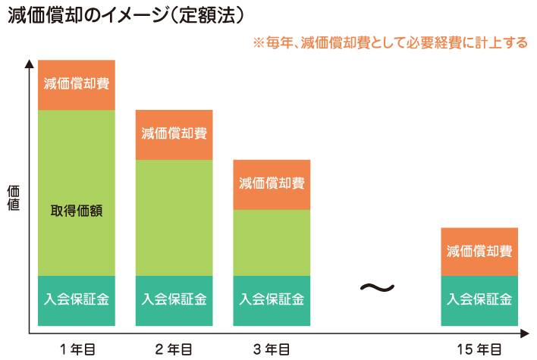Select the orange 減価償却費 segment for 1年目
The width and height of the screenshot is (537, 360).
click(x=76, y=84)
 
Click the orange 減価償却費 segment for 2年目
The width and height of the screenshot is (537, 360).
click(x=174, y=134)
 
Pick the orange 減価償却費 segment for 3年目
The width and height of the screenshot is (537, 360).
click(x=272, y=184)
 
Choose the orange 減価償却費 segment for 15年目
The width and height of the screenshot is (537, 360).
click(x=479, y=251)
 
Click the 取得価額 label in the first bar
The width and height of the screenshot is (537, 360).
click(x=76, y=210)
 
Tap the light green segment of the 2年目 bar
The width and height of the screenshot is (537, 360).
click(x=174, y=218)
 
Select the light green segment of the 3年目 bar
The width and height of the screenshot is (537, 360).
click(x=272, y=243)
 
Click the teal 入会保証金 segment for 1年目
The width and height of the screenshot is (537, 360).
click(x=76, y=299)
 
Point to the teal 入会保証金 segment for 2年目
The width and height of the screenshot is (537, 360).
click(x=174, y=299)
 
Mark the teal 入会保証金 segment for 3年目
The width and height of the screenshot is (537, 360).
click(x=272, y=299)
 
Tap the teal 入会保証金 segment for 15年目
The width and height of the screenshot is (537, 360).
click(x=479, y=299)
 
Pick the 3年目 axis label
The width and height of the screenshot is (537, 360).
click(x=272, y=349)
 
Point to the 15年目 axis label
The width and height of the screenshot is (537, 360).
click(x=479, y=349)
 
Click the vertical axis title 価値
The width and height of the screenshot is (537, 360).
click(x=13, y=198)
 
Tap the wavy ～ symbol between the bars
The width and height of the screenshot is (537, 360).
click(x=376, y=288)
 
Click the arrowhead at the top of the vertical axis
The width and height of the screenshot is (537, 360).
click(x=30, y=64)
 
